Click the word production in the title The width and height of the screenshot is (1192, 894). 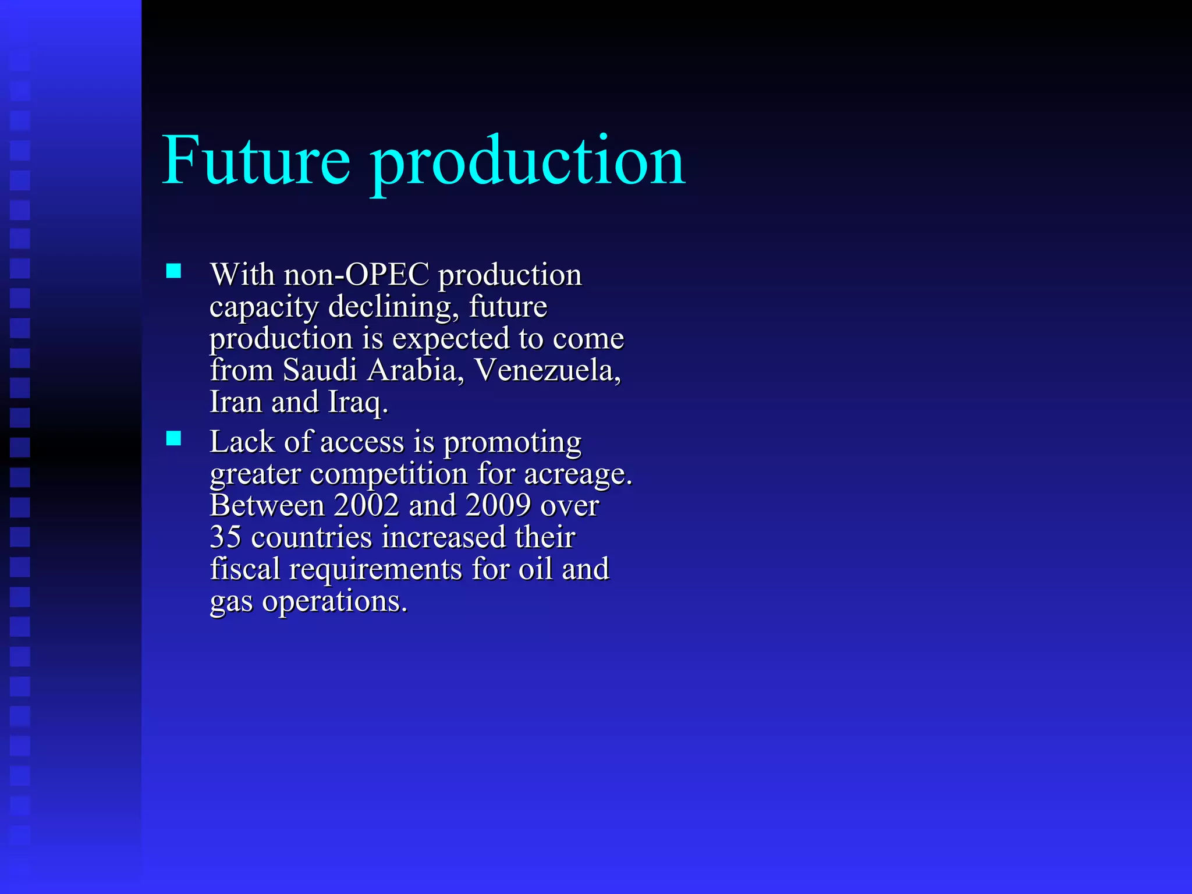point(528,163)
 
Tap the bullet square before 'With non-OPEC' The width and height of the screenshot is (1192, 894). point(173,271)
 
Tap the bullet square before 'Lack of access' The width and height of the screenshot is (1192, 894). point(173,438)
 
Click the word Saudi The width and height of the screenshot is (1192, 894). point(320,370)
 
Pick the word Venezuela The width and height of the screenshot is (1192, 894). point(547,370)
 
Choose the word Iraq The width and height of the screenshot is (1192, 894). point(357,403)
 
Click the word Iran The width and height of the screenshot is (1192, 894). point(236,402)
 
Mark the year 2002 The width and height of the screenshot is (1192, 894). point(366,505)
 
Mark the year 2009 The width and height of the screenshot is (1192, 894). point(498,505)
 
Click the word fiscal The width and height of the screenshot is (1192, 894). point(245,569)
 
